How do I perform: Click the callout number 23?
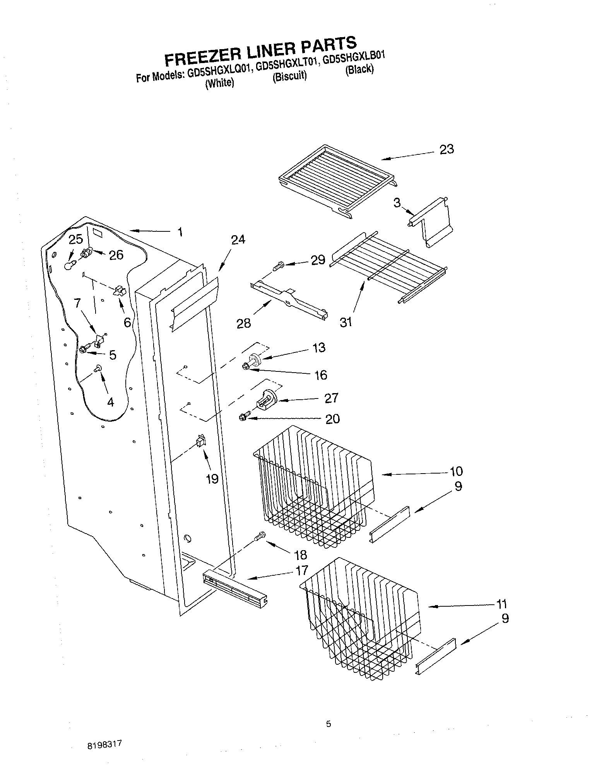point(447,149)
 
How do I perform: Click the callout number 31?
point(346,322)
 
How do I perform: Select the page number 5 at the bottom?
point(328,724)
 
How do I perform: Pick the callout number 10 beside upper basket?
point(456,471)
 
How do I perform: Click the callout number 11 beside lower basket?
point(501,604)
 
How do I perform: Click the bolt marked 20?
point(243,417)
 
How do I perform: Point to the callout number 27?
point(331,398)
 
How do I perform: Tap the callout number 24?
point(238,240)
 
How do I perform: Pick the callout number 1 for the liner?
point(180,232)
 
